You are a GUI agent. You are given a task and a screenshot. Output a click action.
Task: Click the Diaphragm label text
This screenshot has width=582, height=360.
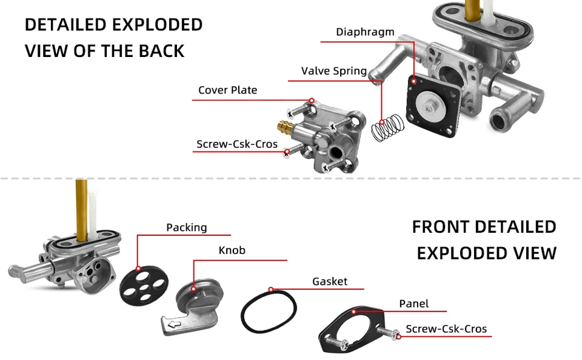365,32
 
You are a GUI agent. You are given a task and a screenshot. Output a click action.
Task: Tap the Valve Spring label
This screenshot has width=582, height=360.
333,72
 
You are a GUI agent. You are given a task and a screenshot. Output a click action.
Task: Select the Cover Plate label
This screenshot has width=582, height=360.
227,90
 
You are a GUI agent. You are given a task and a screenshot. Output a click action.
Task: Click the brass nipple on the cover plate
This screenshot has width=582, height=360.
283,128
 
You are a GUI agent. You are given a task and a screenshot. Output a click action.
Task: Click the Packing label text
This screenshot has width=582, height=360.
186,228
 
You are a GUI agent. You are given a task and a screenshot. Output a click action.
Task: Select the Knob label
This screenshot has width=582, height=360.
232,250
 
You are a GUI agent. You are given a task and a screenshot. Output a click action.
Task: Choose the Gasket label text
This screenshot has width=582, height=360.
330,282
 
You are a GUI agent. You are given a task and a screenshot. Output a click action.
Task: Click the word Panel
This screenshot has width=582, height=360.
413,304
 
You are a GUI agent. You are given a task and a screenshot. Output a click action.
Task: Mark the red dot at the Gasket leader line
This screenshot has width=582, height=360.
271,290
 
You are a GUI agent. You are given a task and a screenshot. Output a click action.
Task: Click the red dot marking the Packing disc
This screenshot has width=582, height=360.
138,268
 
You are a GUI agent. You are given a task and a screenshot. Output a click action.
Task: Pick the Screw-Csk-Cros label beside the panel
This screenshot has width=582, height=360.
446,330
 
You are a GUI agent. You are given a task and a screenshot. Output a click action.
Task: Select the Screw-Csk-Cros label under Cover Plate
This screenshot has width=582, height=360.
236,145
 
